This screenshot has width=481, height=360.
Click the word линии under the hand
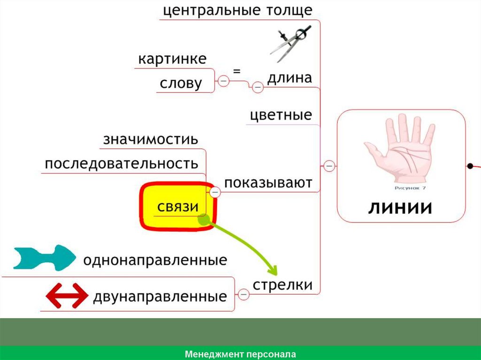tap(399, 207)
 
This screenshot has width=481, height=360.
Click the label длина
tap(289, 78)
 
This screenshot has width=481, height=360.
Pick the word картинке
tap(172, 60)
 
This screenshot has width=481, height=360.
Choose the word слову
tap(181, 84)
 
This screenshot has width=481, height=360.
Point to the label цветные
tap(281, 115)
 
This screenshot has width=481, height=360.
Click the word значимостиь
tap(150, 140)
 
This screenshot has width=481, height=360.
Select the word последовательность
tap(121, 163)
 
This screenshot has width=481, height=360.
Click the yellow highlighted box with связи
tap(178, 207)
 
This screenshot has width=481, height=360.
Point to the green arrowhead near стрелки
tap(272, 270)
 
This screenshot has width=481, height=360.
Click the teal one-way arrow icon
tap(44, 258)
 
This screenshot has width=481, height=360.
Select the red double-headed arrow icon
tap(66, 296)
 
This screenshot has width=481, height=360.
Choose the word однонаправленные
tap(155, 260)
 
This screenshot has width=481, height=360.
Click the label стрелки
tap(283, 284)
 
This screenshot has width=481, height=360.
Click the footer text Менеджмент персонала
tap(240, 354)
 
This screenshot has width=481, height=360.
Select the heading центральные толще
tap(237, 10)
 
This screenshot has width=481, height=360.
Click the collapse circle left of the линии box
tap(329, 165)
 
